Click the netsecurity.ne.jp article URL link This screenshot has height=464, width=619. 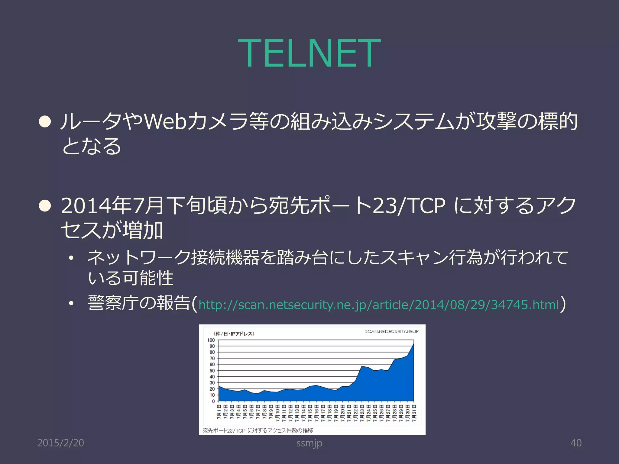(378, 304)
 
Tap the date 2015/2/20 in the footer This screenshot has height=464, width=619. (60, 443)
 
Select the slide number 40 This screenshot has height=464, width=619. (576, 443)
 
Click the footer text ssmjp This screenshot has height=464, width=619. (309, 443)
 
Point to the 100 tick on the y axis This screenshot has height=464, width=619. (211, 340)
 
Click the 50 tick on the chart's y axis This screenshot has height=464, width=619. (212, 371)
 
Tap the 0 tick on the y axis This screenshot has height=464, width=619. (213, 401)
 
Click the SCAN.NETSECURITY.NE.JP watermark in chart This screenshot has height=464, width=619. (392, 331)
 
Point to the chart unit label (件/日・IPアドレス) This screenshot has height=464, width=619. (234, 334)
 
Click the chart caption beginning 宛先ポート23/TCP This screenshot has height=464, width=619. (258, 430)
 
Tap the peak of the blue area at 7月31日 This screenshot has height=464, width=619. (413, 344)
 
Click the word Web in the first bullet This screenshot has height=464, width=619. (165, 121)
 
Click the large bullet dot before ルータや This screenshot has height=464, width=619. (45, 122)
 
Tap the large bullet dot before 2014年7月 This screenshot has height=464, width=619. (45, 206)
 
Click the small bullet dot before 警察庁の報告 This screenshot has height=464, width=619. (71, 303)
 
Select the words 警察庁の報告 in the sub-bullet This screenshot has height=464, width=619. (139, 303)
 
